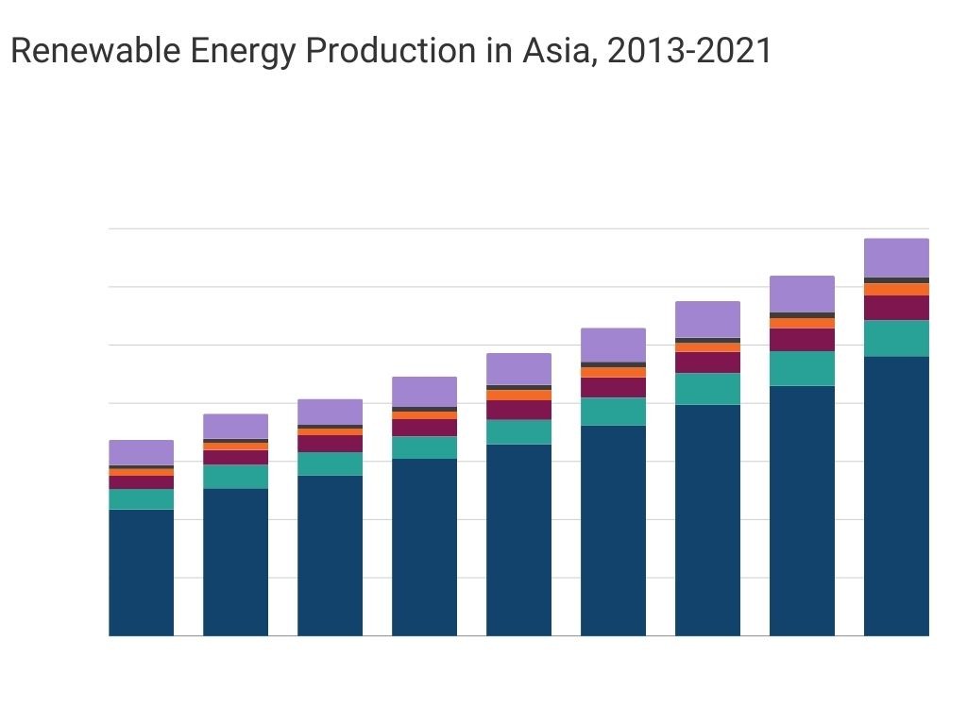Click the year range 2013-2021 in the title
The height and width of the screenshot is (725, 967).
[689, 51]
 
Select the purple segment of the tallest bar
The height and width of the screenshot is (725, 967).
[896, 258]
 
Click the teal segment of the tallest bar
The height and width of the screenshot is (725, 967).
[896, 338]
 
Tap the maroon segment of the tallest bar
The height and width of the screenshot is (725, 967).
[896, 308]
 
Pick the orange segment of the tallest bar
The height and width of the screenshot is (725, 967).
[896, 289]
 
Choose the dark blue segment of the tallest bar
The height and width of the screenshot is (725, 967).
[896, 496]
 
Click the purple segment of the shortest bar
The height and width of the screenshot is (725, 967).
[141, 452]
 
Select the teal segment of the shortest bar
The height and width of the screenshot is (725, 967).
[141, 498]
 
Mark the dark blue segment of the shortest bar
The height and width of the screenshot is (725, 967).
[141, 572]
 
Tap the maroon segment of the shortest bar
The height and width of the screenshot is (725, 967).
[141, 481]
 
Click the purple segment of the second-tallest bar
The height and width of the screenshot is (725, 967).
[802, 294]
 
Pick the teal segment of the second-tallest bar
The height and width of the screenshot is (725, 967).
[802, 368]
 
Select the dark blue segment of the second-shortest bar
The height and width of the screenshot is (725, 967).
[235, 562]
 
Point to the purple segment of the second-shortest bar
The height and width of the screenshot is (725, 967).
[235, 426]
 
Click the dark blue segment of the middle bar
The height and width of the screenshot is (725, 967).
[518, 539]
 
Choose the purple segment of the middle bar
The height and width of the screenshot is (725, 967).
[518, 369]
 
